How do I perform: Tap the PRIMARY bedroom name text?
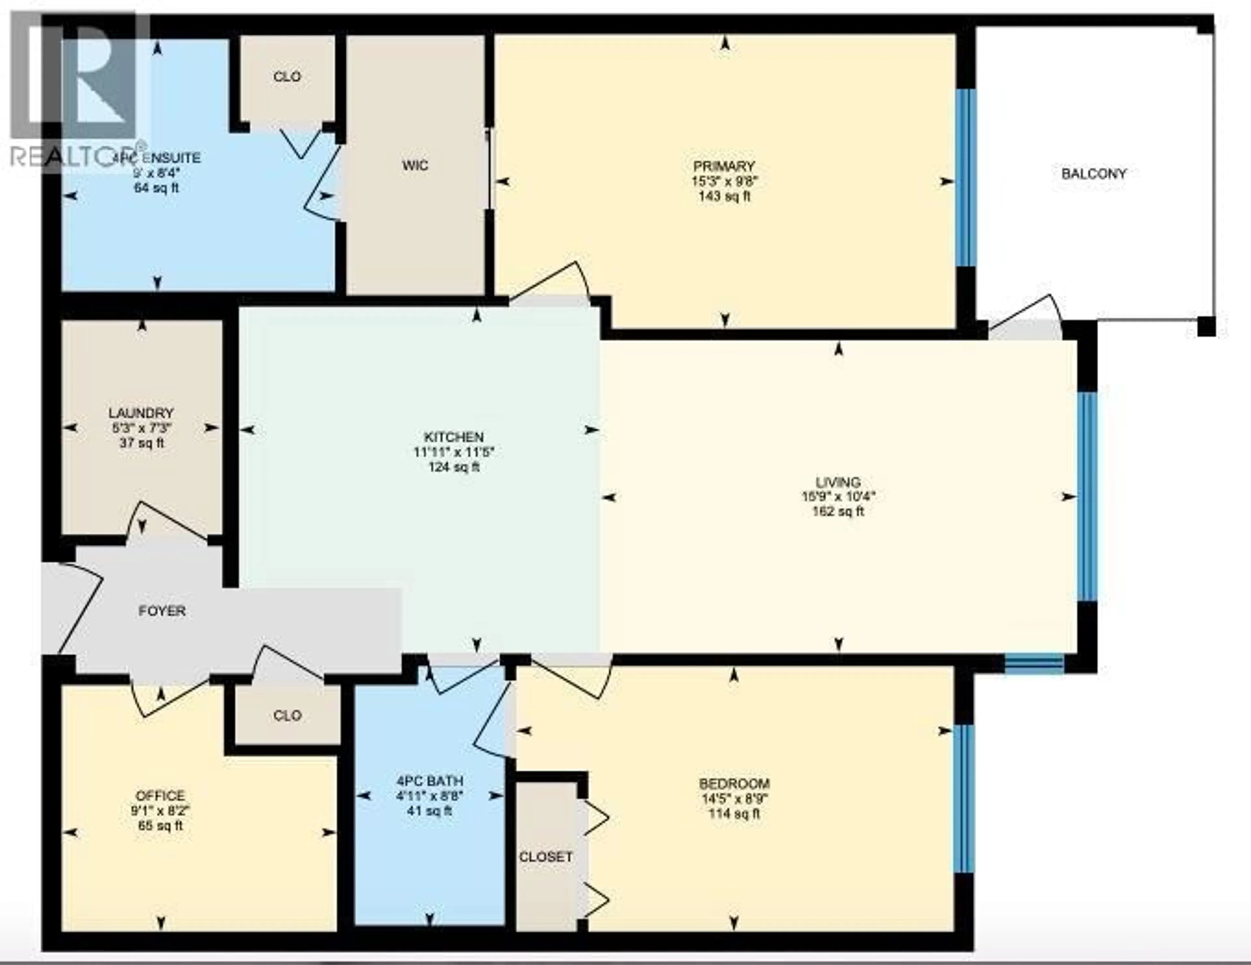(724, 167)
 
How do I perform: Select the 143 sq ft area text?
(724, 197)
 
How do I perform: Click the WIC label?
(415, 166)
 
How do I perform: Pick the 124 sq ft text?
(454, 467)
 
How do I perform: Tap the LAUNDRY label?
(141, 413)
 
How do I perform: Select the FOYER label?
(162, 611)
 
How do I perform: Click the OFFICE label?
(160, 795)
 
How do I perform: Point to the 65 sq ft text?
(160, 826)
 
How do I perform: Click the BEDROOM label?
(734, 784)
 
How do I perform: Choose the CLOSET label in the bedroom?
(545, 857)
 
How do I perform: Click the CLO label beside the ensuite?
(287, 77)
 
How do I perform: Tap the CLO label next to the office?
(287, 715)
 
